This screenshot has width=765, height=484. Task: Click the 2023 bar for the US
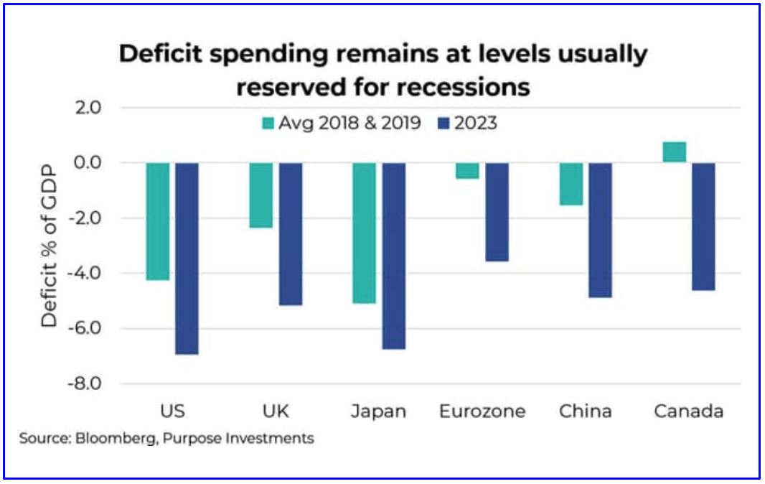[187, 259]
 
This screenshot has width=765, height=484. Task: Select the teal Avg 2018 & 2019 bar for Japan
[363, 233]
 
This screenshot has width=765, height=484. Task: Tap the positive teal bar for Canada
[674, 152]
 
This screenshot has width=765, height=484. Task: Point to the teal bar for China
[571, 184]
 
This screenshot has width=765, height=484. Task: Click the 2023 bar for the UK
[290, 234]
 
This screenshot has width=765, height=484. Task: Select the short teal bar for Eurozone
[467, 171]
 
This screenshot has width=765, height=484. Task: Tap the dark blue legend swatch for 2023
[442, 124]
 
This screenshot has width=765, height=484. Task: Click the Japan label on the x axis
[378, 412]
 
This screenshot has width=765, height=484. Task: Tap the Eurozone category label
[482, 412]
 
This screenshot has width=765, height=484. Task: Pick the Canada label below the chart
[688, 412]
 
